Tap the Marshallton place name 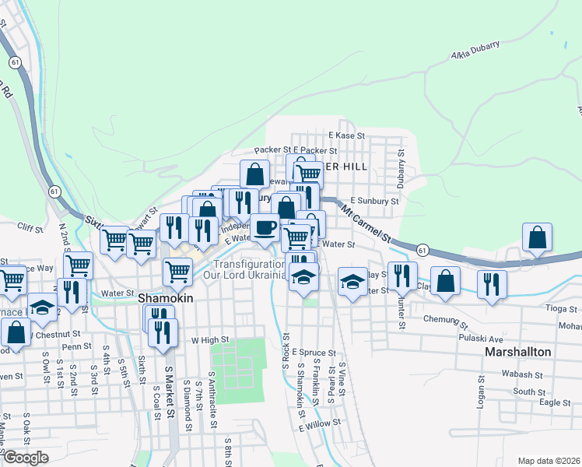pos(517,352)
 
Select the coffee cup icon pos(265,227)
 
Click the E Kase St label pos(346,135)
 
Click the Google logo pos(26,458)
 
